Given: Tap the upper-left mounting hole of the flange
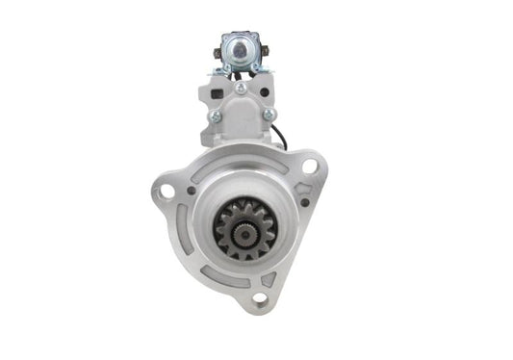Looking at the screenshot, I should pos(167,191).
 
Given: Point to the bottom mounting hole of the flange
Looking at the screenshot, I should pos(257,300).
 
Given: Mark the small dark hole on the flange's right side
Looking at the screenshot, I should pos(304,203).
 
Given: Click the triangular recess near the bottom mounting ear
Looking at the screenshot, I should pos(267,280).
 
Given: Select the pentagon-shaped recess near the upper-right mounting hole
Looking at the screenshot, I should pos(290,177).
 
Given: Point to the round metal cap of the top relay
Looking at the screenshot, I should pos(237,47).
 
